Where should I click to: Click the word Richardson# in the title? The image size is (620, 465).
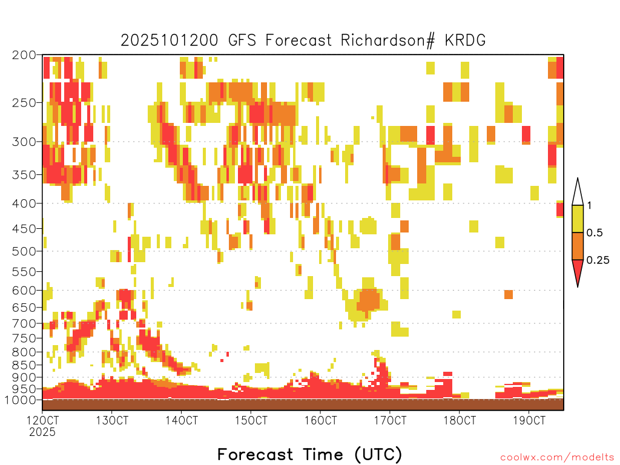(387, 41)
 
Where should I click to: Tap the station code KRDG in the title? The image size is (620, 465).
(465, 41)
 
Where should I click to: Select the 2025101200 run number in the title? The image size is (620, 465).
(170, 41)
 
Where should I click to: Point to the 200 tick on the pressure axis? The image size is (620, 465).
(24, 55)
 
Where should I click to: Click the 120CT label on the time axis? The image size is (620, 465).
(42, 420)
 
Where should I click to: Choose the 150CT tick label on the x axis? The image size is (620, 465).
(251, 420)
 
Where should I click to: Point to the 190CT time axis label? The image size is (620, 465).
(529, 420)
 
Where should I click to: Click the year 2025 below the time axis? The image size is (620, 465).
(42, 432)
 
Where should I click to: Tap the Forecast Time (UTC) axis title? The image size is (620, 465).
(309, 454)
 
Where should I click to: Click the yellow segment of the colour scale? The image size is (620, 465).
(578, 219)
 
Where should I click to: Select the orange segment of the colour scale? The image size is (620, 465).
(578, 246)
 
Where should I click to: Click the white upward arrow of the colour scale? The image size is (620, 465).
(578, 192)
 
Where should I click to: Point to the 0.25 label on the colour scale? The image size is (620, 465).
(598, 260)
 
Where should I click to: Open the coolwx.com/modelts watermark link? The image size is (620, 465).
(557, 458)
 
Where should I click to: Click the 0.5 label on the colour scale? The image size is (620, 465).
(595, 232)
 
